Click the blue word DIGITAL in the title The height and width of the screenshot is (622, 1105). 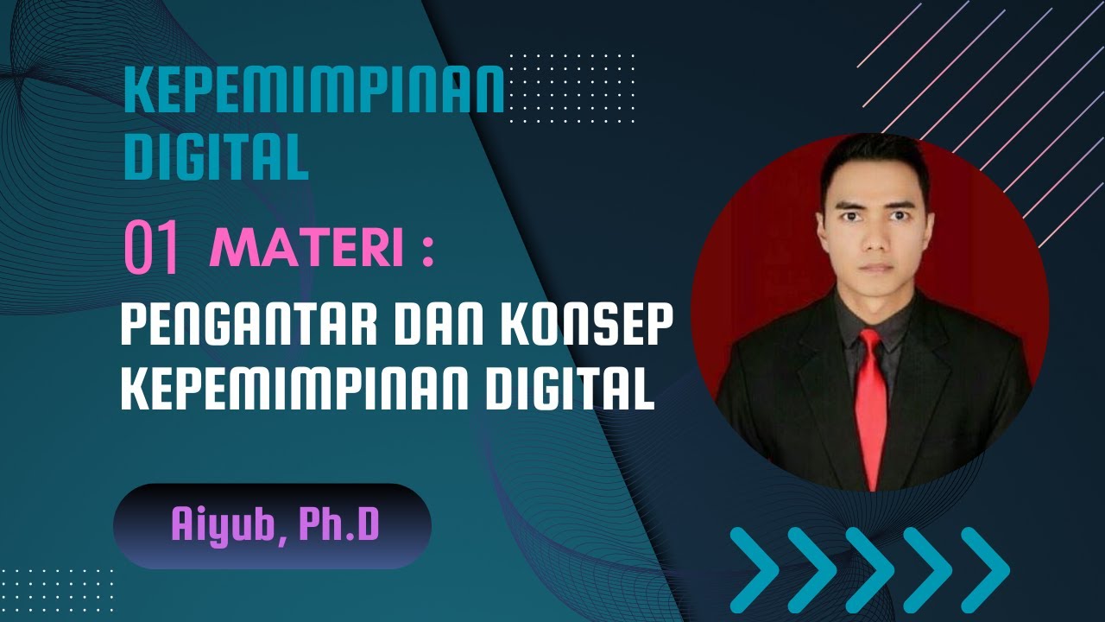tap(216, 156)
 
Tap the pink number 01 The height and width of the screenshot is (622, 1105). tap(152, 248)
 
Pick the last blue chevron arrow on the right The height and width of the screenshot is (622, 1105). tap(984, 570)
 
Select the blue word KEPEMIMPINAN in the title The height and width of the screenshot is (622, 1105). tap(314, 92)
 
